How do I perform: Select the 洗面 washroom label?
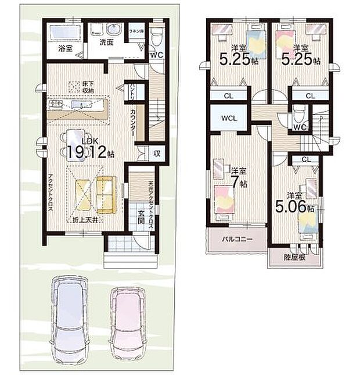click(x=106, y=43)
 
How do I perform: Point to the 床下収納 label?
click(x=88, y=87)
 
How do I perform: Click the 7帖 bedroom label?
click(x=238, y=177)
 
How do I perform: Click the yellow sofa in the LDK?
click(x=106, y=195)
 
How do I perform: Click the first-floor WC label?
click(x=156, y=55)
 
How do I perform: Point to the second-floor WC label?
click(x=299, y=127)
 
